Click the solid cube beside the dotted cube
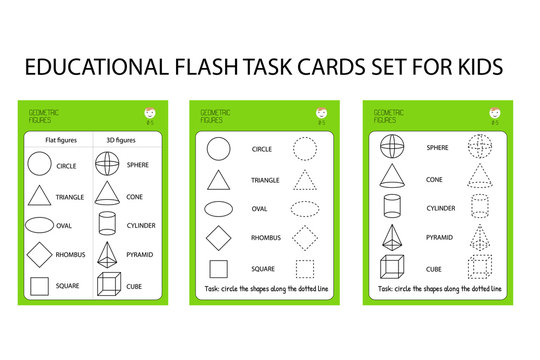393,267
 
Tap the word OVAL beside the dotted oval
259,209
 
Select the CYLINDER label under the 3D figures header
141,226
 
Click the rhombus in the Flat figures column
39,254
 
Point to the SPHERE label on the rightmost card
437,148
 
